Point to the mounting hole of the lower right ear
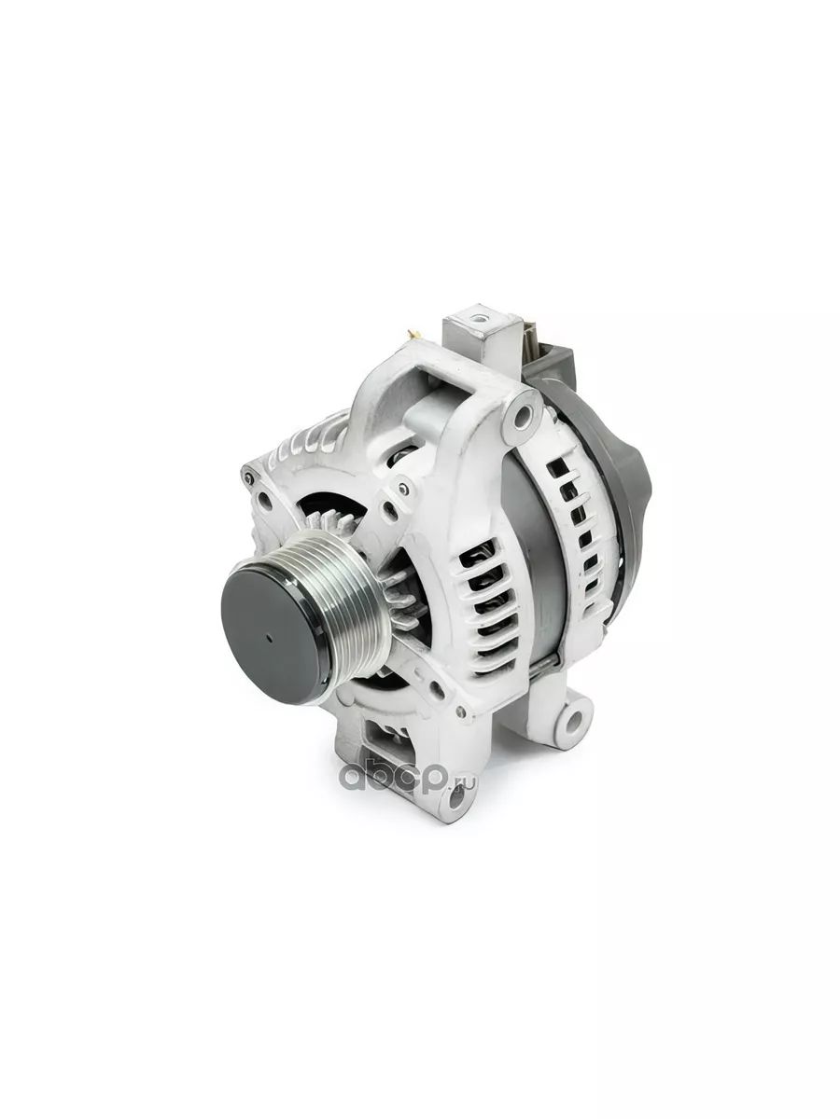(574, 718)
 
